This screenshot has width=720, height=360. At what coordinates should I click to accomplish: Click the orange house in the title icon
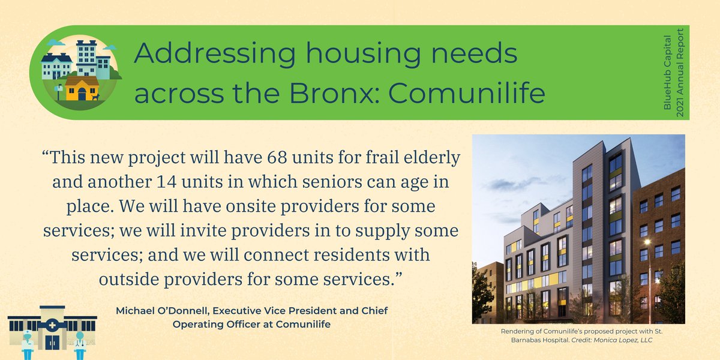tap(82, 89)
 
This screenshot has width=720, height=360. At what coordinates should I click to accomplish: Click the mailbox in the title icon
tap(59, 91)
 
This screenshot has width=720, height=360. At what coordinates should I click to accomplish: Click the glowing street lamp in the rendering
tap(648, 242)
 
